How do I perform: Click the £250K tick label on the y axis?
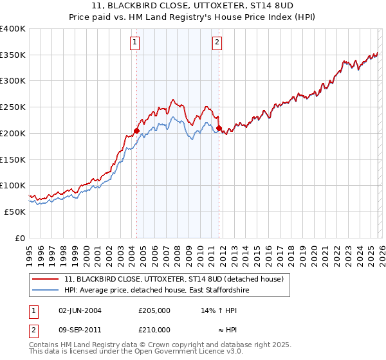[x=13, y=107]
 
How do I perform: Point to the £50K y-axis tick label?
[x=15, y=212]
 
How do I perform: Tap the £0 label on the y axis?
[x=19, y=238]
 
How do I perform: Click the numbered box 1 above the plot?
[x=135, y=43]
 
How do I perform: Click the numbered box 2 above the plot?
[x=217, y=43]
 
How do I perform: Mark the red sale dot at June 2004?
[x=136, y=130]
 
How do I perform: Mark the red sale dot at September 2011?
[x=219, y=128]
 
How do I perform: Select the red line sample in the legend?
[x=46, y=279]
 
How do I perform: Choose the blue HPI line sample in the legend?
[x=46, y=291]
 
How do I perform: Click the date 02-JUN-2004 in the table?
[x=80, y=310]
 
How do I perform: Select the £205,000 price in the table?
[x=154, y=310]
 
